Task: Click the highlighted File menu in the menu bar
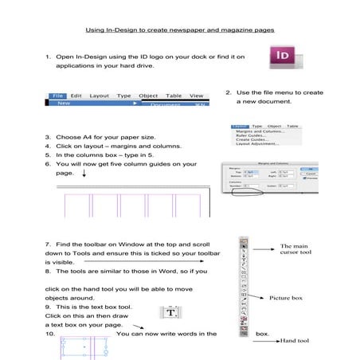coord(58,96)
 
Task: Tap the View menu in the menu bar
coord(196,96)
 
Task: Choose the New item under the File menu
coord(63,103)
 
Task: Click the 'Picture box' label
coord(285,298)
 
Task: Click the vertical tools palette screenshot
coord(243,287)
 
